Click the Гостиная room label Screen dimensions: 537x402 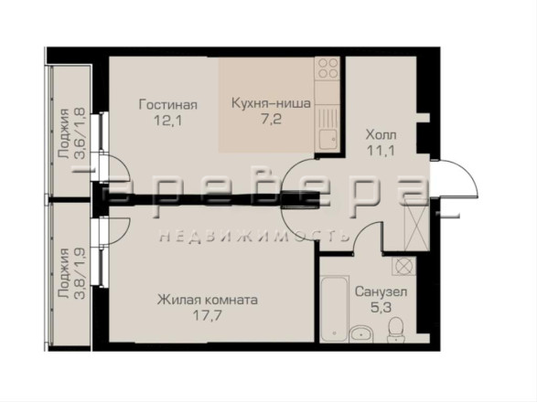(167, 105)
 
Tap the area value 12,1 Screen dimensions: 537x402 (167, 121)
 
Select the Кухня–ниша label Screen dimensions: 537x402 (271, 103)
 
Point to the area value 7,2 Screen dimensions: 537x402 (271, 119)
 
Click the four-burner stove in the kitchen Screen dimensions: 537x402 (328, 69)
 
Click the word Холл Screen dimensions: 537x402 (381, 135)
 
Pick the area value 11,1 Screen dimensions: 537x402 (381, 150)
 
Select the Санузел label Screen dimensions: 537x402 (381, 291)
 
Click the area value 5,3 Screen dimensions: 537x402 (381, 308)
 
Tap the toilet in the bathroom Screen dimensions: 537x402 (396, 330)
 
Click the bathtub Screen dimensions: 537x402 (335, 309)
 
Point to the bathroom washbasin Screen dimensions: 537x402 (360, 333)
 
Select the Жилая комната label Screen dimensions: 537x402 (207, 300)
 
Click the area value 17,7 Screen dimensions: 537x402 (207, 315)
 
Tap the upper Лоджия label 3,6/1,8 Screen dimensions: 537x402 (72, 133)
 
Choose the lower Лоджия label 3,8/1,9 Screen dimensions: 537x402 (72, 273)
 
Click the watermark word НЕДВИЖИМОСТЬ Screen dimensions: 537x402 (255, 236)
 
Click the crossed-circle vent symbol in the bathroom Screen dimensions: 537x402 (404, 266)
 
